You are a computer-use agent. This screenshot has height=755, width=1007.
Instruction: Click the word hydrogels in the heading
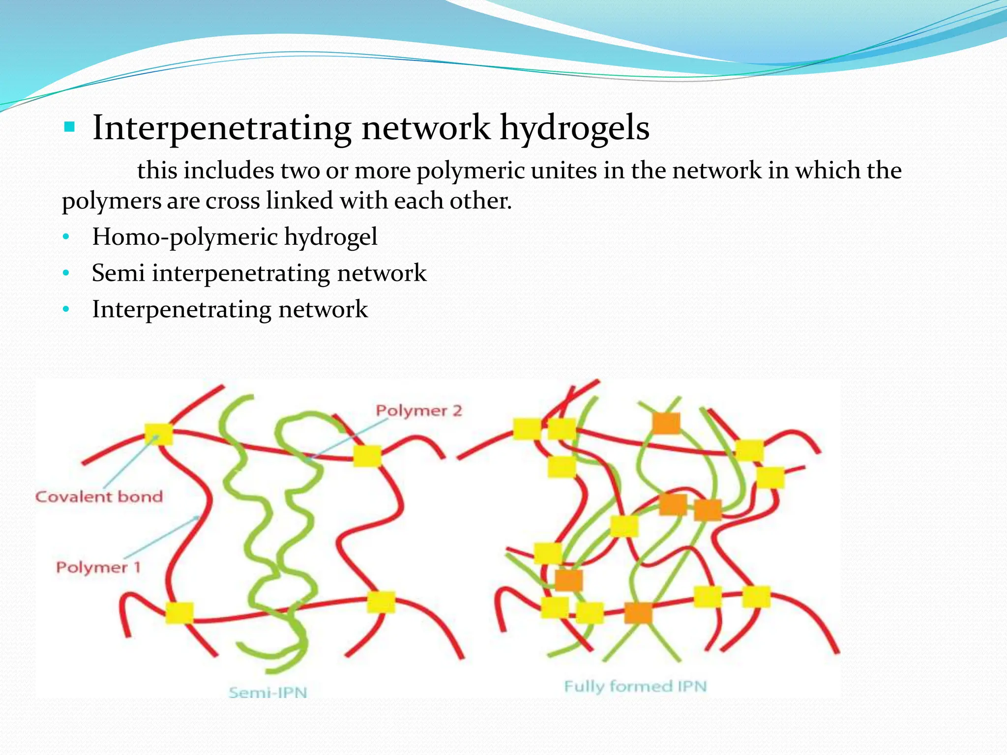tap(574, 128)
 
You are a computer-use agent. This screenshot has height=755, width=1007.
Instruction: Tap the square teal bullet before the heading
tap(69, 128)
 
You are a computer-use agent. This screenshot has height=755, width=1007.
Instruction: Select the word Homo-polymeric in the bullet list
tap(184, 237)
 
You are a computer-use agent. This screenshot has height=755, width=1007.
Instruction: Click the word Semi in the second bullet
tap(118, 273)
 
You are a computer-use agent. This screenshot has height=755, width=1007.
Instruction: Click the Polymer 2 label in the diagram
tap(419, 410)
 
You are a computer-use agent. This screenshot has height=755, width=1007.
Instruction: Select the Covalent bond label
tap(99, 496)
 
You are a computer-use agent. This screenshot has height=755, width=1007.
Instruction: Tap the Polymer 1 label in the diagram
tap(98, 567)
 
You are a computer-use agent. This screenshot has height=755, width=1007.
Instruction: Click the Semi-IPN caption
tap(268, 693)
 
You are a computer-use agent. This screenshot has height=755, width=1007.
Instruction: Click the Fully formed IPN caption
tap(635, 686)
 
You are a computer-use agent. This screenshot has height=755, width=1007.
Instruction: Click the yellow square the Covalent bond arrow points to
tap(158, 434)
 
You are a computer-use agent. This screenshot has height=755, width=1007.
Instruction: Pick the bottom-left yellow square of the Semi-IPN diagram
tap(179, 612)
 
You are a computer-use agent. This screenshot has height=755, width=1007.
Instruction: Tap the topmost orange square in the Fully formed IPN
tap(666, 423)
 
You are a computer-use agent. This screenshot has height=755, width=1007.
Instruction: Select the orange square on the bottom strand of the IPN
tap(638, 613)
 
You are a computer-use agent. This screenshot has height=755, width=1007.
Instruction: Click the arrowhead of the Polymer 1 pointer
tap(197, 518)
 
